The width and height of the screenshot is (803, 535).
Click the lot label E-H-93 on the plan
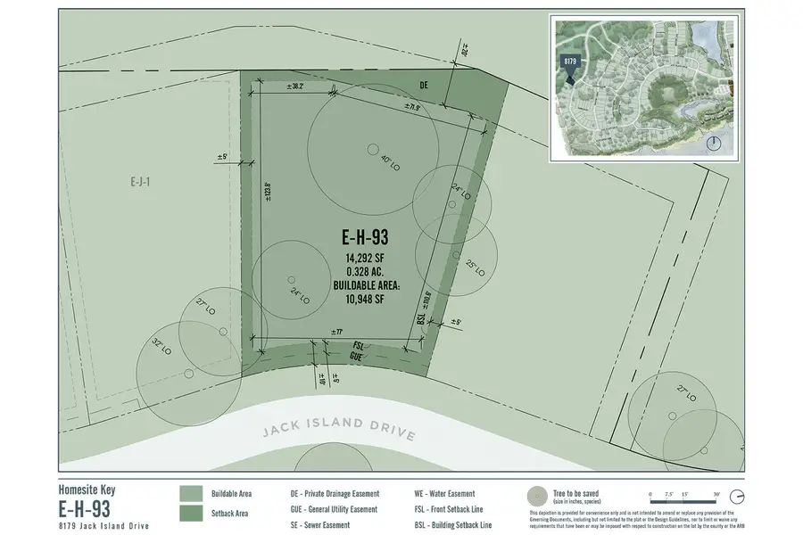[x=365, y=238]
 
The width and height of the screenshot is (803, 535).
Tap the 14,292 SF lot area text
[x=365, y=259]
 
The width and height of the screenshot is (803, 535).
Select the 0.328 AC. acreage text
[x=365, y=272]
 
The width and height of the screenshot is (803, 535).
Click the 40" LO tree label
[x=386, y=161]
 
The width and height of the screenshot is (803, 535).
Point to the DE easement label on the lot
[x=425, y=85]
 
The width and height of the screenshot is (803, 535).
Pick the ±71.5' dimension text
[x=411, y=107]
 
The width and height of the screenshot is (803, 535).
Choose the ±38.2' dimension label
[x=295, y=86]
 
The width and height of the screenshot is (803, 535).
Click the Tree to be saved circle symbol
[x=539, y=497]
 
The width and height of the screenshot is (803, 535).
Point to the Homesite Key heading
[x=87, y=489]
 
